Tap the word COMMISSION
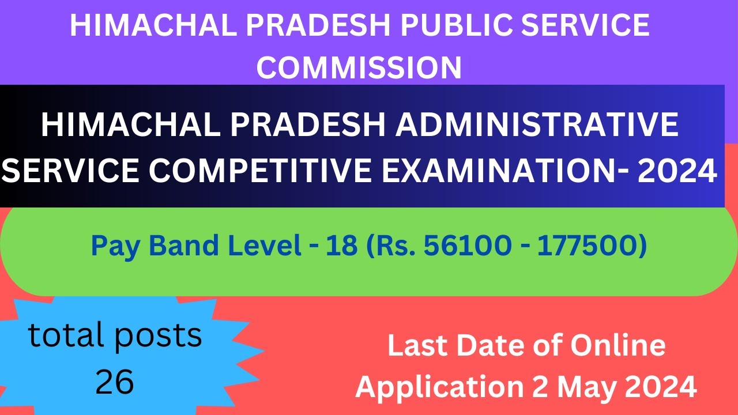pos(359,67)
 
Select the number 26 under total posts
pos(115,381)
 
